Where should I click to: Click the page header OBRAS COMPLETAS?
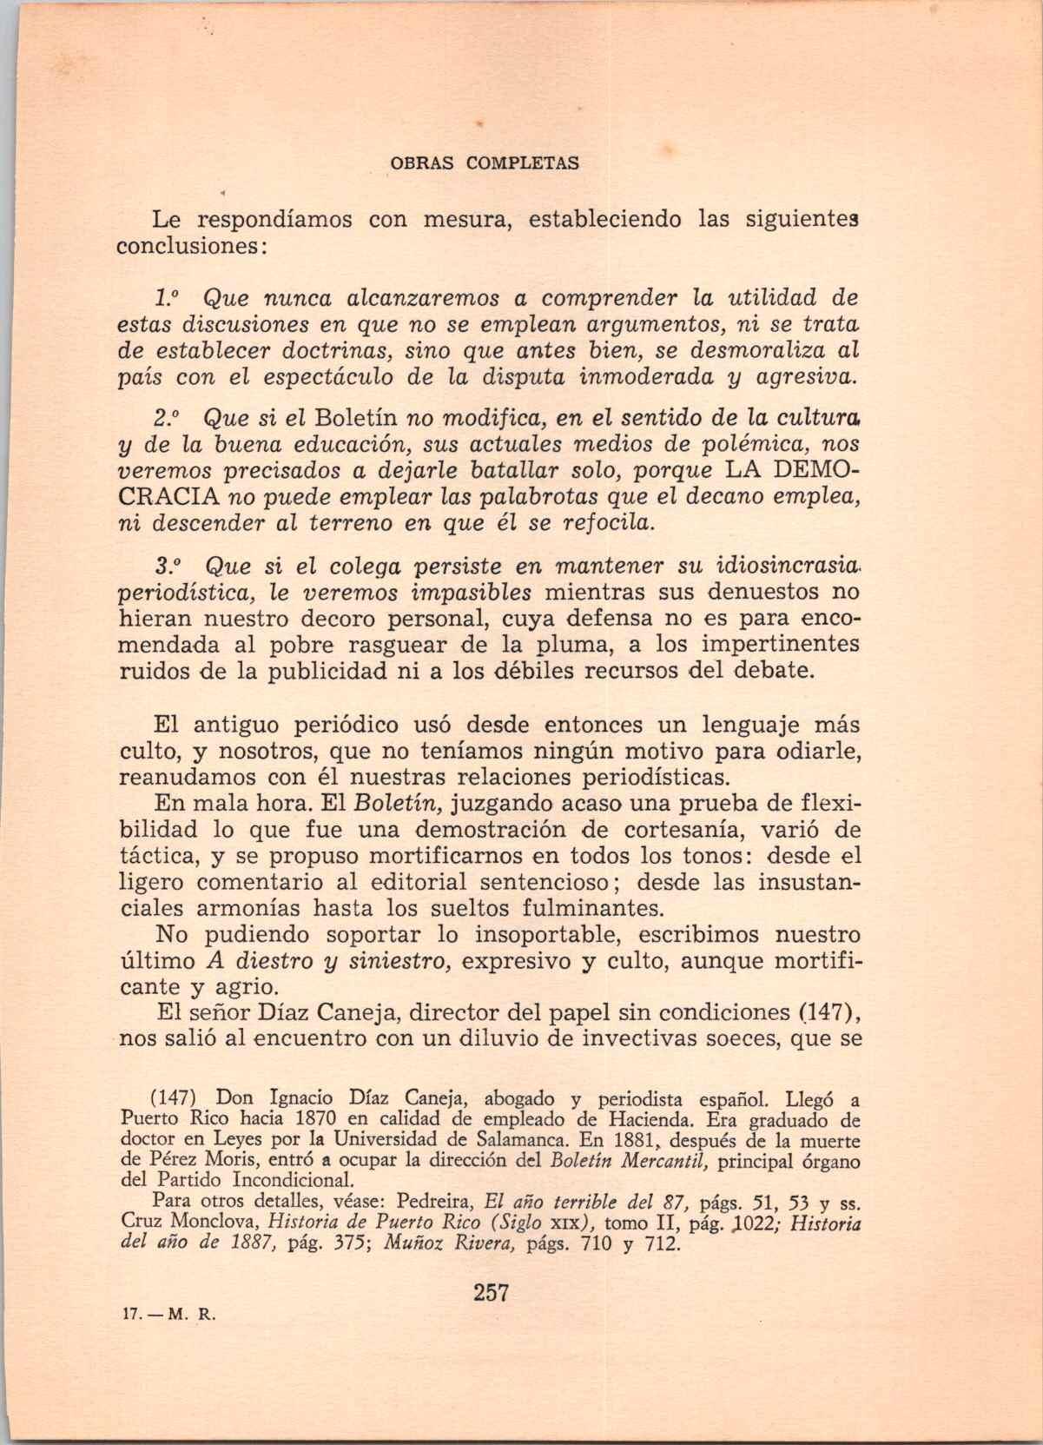pos(483,163)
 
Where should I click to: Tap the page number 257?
pos(492,1292)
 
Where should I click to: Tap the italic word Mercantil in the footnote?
pos(653,1160)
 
